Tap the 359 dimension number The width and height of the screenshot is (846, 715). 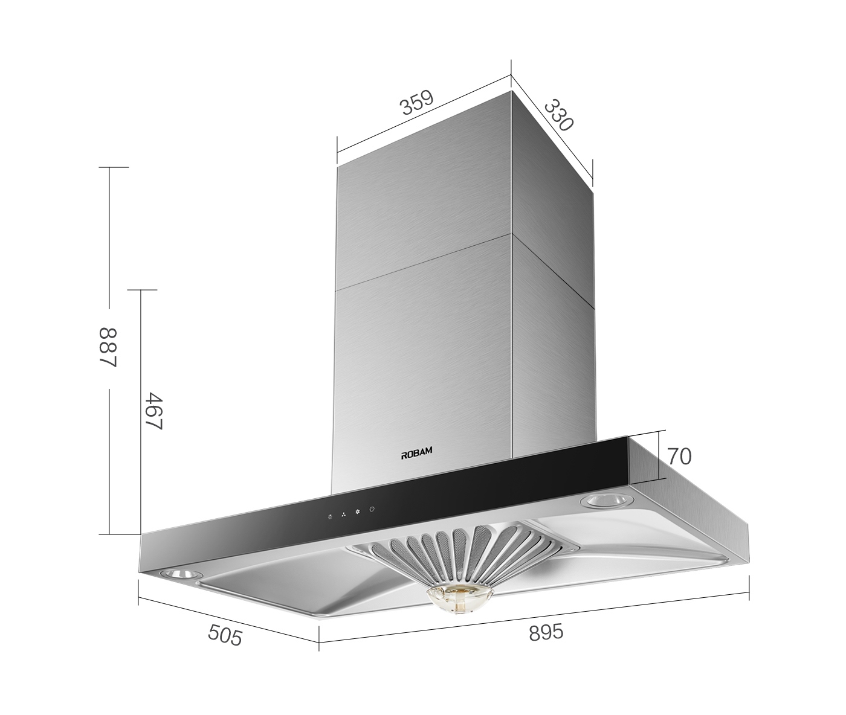click(x=417, y=103)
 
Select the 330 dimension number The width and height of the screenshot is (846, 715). click(x=558, y=115)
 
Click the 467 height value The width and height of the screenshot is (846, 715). click(x=154, y=411)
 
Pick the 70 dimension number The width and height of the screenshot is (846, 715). click(x=679, y=457)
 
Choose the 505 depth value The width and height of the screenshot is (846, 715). click(x=225, y=635)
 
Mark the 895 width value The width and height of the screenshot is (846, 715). click(x=546, y=632)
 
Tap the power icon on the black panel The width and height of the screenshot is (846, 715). click(x=372, y=510)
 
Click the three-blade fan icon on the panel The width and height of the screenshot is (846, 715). click(x=343, y=514)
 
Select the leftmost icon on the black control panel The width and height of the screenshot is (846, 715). click(x=329, y=516)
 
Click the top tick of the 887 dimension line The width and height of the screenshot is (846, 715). click(x=109, y=167)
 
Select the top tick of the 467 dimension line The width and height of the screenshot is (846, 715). click(x=140, y=290)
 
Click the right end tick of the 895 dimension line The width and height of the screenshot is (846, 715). click(x=749, y=589)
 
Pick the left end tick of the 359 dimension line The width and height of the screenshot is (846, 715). click(x=337, y=151)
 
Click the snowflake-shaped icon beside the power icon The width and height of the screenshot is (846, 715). click(x=357, y=512)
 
